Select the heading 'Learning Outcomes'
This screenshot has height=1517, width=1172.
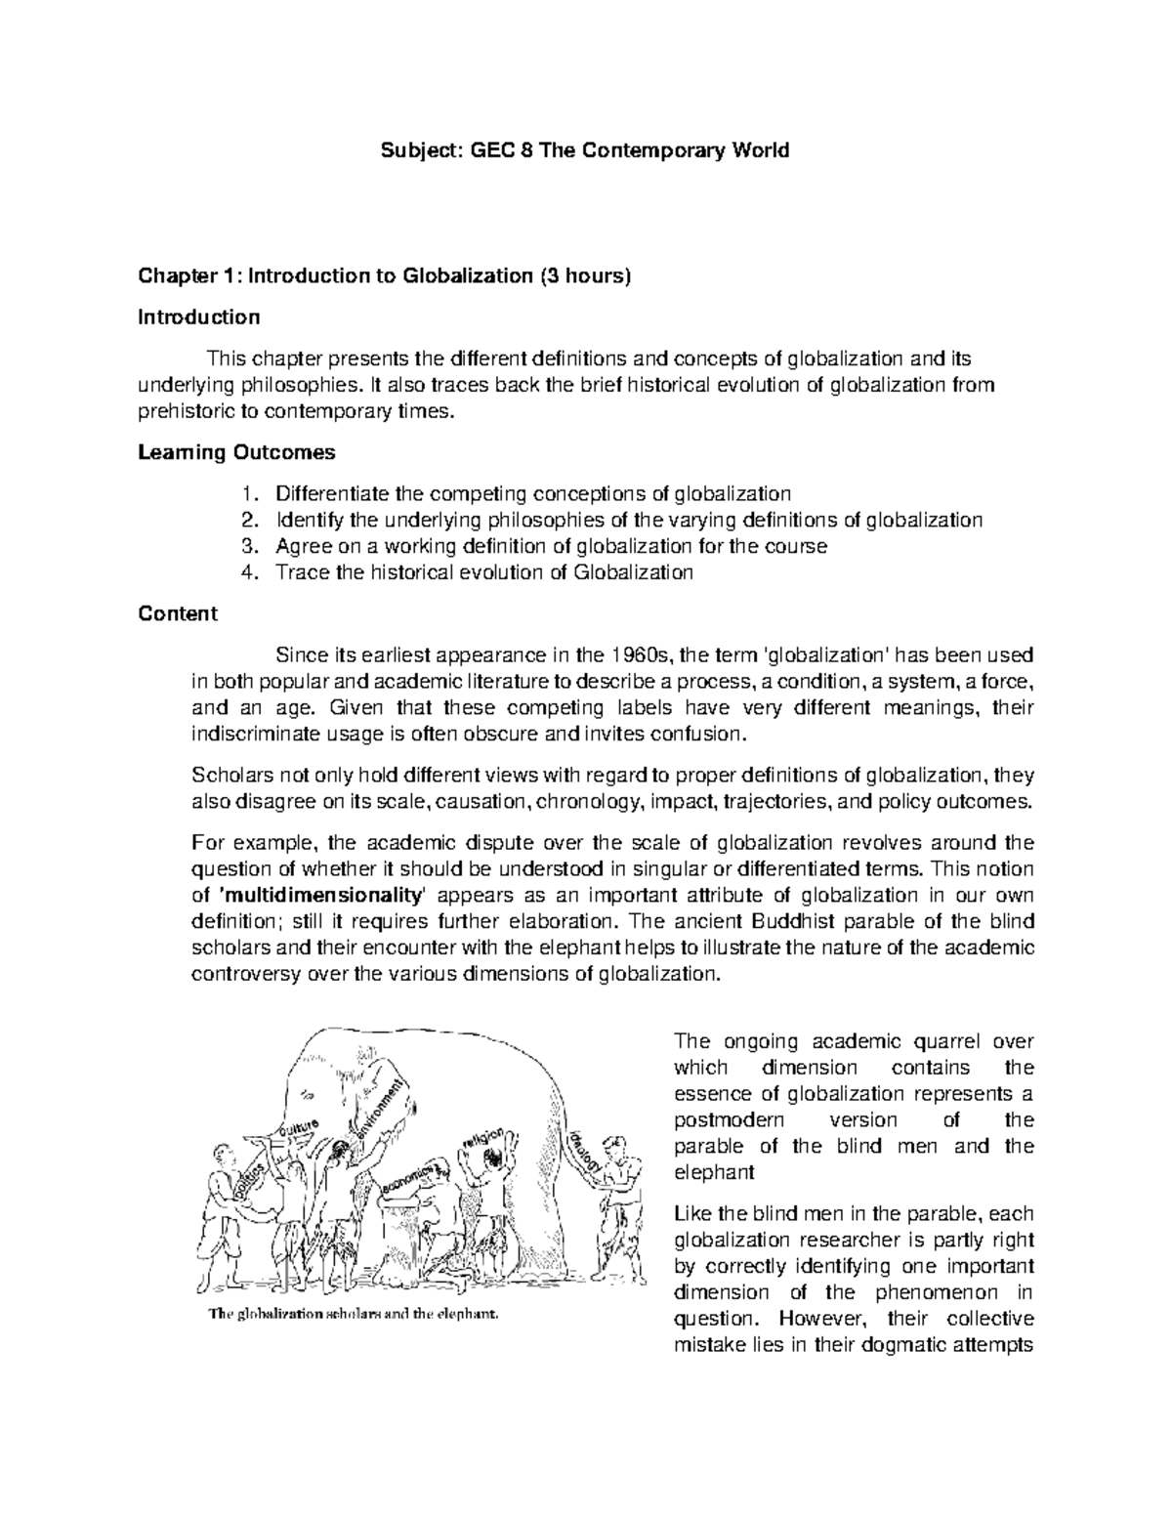(236, 452)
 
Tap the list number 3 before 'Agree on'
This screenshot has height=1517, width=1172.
(247, 546)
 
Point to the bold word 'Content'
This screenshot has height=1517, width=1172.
(178, 613)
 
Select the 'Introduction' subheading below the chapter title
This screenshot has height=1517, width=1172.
(199, 317)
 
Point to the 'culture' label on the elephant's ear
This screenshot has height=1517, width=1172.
(300, 1130)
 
